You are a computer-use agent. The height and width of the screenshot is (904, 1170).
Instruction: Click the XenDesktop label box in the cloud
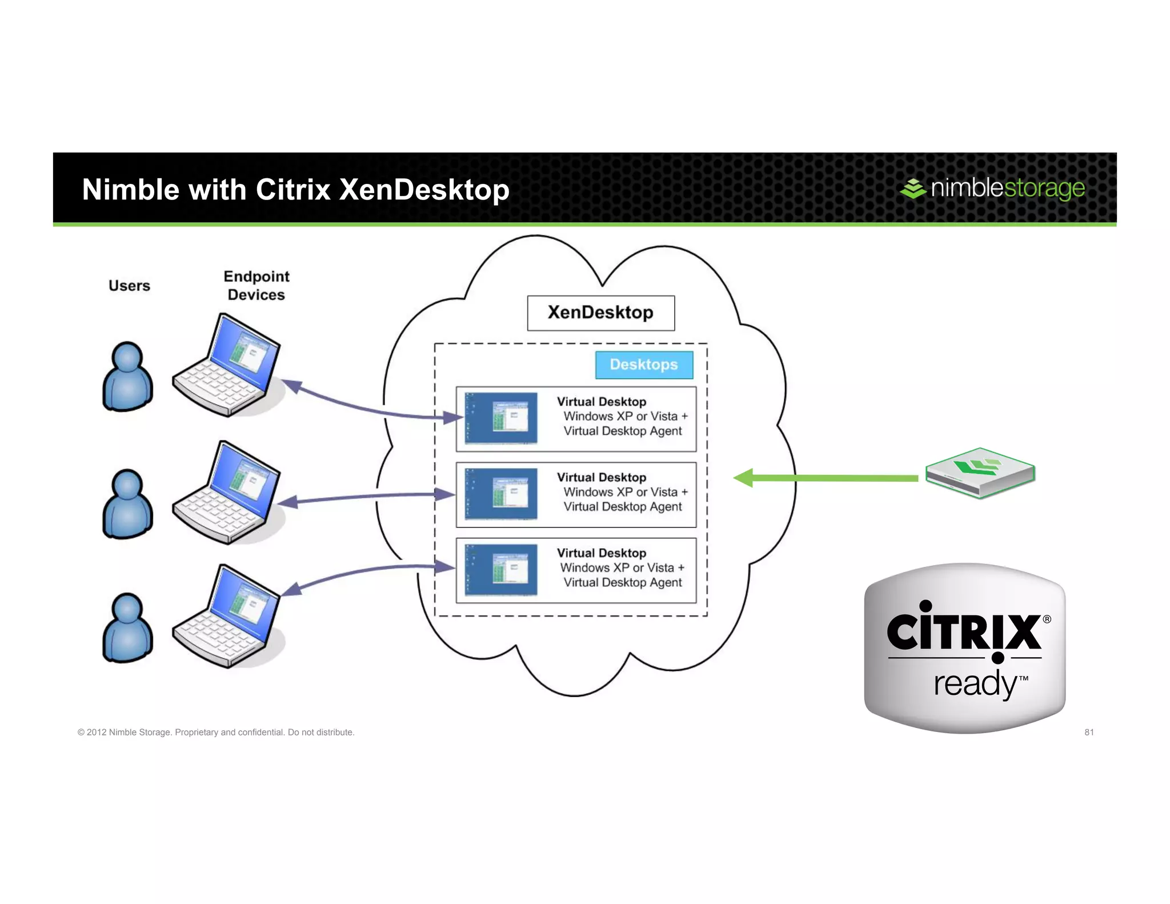pos(600,313)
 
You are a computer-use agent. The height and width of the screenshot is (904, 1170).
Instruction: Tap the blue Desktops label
pos(644,365)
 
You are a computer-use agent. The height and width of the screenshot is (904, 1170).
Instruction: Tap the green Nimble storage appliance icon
pos(980,473)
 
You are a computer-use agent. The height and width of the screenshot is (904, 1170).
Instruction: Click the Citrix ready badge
pos(965,648)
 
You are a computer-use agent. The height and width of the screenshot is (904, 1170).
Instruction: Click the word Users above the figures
pos(129,286)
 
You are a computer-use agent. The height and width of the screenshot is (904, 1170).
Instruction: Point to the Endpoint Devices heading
pos(256,285)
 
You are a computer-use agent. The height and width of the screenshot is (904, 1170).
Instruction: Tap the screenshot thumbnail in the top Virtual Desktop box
pos(501,418)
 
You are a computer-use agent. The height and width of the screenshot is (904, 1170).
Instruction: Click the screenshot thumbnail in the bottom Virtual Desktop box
pos(501,570)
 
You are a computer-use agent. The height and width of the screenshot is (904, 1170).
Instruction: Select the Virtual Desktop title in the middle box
pos(602,477)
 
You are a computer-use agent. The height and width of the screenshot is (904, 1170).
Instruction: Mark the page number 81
pos(1089,732)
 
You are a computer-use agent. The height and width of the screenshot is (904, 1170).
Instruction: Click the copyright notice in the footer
pos(216,732)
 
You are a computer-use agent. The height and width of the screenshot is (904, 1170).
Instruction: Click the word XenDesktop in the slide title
pos(424,190)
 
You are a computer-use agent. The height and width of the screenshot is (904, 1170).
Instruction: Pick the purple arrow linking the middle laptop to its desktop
pos(366,497)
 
